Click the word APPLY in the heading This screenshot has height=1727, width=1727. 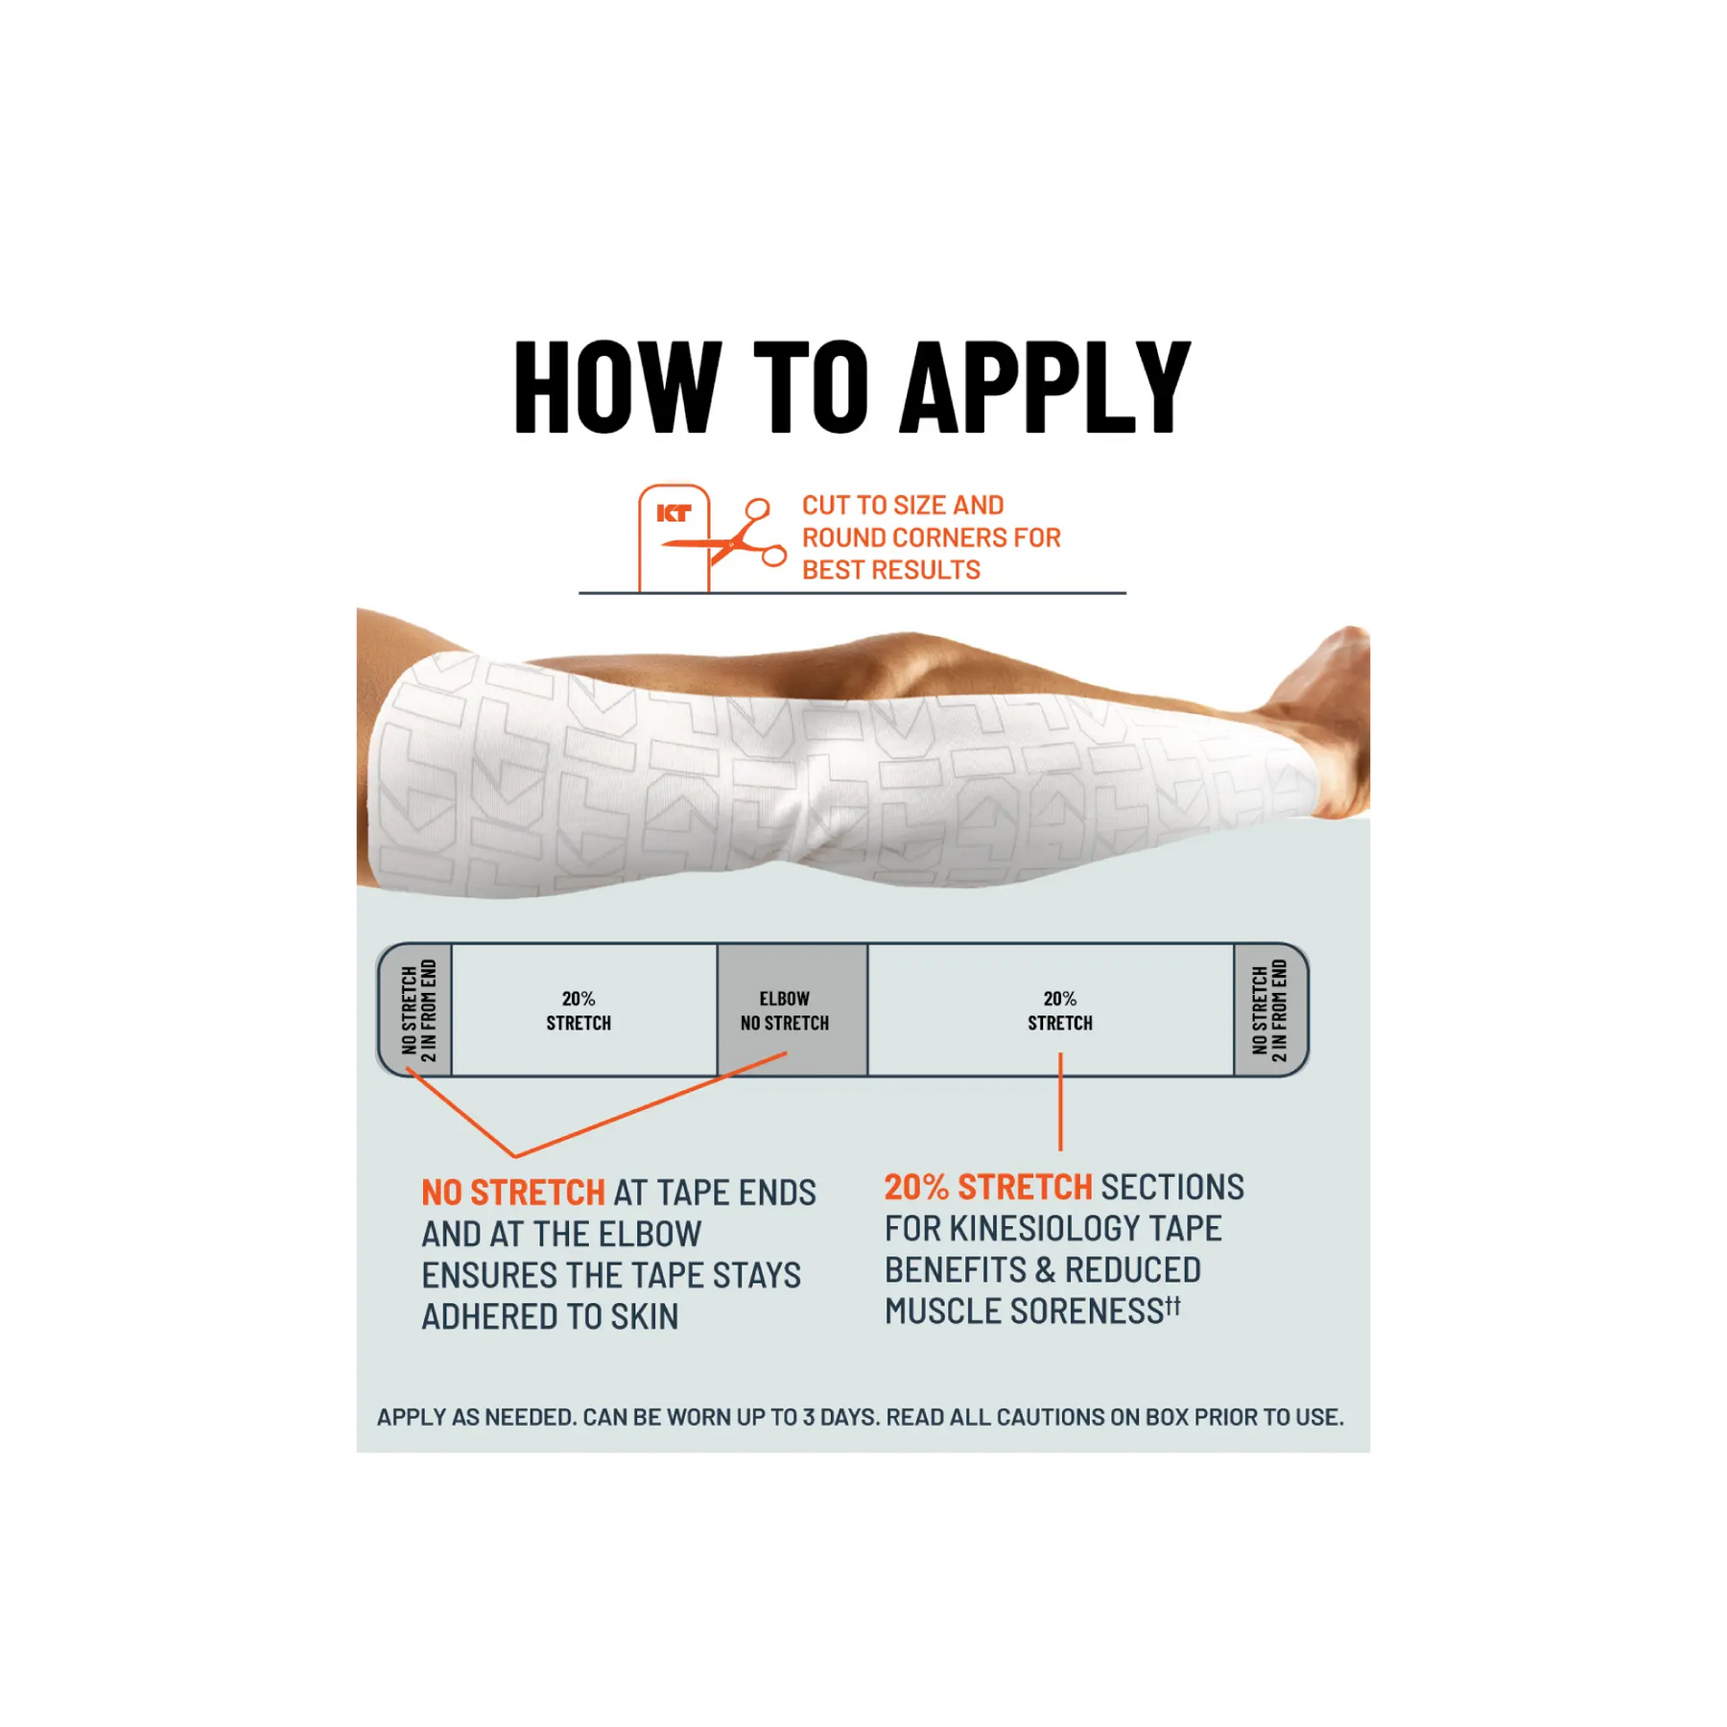tap(1048, 388)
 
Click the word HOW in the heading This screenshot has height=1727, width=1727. tap(618, 388)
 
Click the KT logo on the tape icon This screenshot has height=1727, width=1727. tap(674, 513)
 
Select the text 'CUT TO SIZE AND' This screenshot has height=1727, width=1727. tap(903, 506)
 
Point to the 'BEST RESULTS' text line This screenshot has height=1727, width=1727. tap(891, 570)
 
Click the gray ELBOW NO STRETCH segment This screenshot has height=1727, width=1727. tap(793, 1010)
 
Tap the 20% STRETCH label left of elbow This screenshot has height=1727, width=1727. tap(579, 1011)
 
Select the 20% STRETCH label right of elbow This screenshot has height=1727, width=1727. tap(1060, 1011)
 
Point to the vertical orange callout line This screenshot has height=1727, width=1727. tap(1060, 1101)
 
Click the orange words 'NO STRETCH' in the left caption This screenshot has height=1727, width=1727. tap(513, 1193)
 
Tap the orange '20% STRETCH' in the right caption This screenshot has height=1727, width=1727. tap(988, 1187)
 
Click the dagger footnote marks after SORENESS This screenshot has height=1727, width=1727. tap(1173, 1306)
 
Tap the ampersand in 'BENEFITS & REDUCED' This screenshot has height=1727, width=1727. tap(1045, 1270)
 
